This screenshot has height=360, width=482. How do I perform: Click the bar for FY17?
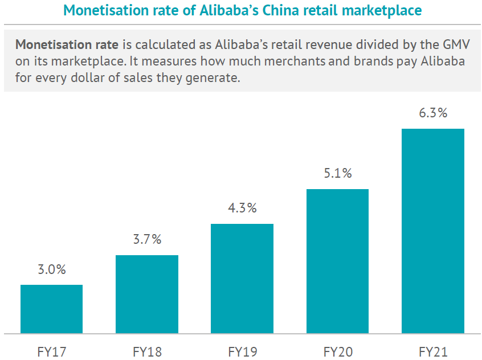tap(51, 309)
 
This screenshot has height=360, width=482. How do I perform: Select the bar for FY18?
tap(147, 294)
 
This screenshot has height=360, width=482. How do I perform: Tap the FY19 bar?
tap(242, 278)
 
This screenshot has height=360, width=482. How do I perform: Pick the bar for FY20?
tap(337, 261)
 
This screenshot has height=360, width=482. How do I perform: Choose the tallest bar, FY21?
tap(433, 231)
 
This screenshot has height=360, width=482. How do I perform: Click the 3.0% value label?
tap(52, 270)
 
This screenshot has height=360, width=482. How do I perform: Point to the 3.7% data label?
tap(147, 240)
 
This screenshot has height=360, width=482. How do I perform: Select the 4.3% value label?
tap(242, 208)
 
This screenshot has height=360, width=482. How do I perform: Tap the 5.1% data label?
tap(338, 174)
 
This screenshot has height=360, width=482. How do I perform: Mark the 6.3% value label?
tap(433, 113)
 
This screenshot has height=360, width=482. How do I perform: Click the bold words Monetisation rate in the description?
tap(66, 44)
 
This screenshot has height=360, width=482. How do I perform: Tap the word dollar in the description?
tap(84, 77)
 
